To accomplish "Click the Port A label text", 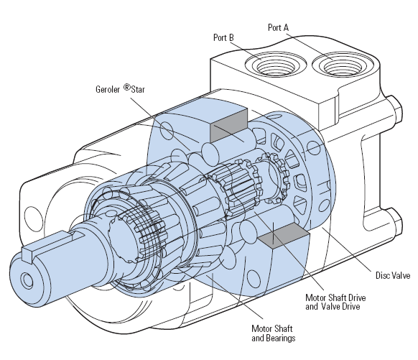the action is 278,27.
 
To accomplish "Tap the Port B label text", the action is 223,37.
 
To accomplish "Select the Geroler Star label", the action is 120,89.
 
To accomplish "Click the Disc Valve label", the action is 393,275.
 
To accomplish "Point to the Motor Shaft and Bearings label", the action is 273,333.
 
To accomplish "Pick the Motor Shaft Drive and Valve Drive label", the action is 335,302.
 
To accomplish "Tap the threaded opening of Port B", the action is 276,65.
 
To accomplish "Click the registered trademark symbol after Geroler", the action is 127,87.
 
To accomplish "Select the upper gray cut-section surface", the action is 229,125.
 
